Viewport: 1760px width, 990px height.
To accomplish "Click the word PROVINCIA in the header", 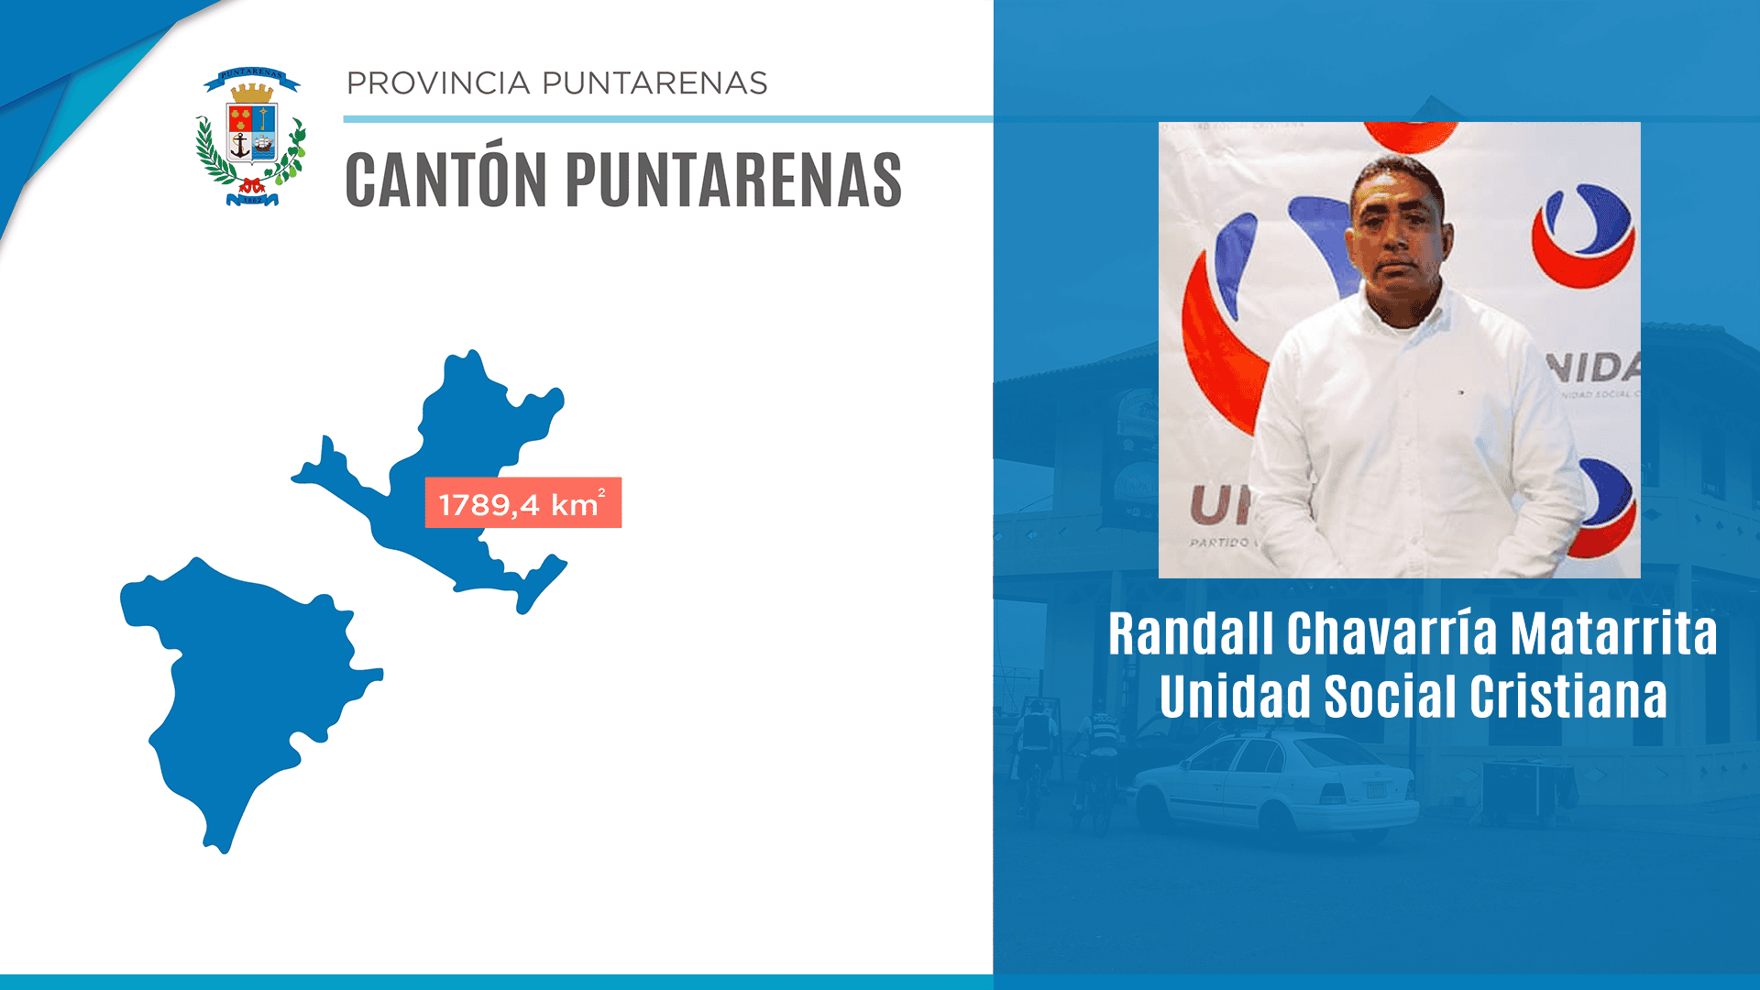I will click(438, 83).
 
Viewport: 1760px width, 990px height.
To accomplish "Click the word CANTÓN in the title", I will click(445, 181).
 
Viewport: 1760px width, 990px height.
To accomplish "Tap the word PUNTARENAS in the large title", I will click(733, 181).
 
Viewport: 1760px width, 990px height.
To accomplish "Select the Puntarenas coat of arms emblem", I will click(251, 137).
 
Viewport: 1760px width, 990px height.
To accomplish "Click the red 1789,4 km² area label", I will click(522, 503).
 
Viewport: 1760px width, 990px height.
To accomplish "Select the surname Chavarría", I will click(1393, 634).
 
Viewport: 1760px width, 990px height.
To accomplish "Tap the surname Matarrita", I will click(1613, 634).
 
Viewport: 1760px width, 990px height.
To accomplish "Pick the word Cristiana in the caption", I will click(1568, 697).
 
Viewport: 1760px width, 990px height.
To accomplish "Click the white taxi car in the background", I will click(1274, 788).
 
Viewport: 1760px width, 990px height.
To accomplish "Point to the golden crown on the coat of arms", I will click(251, 93).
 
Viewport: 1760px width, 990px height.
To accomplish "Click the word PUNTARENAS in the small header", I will click(654, 83).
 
